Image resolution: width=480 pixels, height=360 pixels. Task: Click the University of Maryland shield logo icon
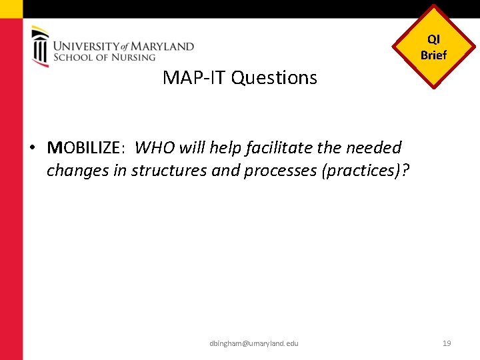click(x=40, y=46)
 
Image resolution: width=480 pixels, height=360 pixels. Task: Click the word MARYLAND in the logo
click(x=163, y=47)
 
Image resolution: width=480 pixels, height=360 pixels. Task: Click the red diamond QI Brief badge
click(x=433, y=47)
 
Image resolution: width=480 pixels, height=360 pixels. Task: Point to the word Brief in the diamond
click(x=433, y=55)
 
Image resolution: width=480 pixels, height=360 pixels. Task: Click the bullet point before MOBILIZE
click(x=33, y=147)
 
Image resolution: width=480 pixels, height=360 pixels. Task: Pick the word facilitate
click(x=279, y=147)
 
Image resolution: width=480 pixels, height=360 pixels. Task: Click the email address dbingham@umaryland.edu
click(x=253, y=343)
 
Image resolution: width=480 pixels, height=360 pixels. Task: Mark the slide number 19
click(x=447, y=343)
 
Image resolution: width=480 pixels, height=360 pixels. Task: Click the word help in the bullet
click(x=225, y=147)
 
